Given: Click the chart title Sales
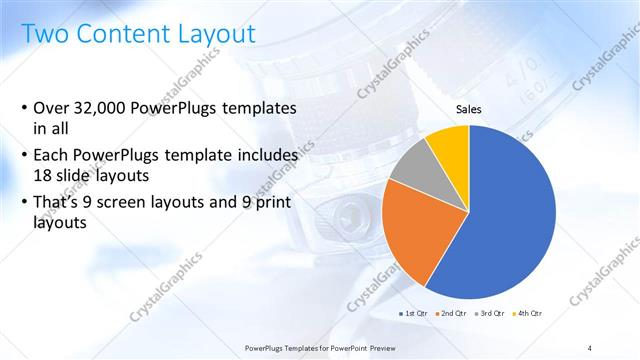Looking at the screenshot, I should [468, 110].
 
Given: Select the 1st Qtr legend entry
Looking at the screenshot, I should [414, 314].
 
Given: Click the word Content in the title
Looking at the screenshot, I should [117, 33].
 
